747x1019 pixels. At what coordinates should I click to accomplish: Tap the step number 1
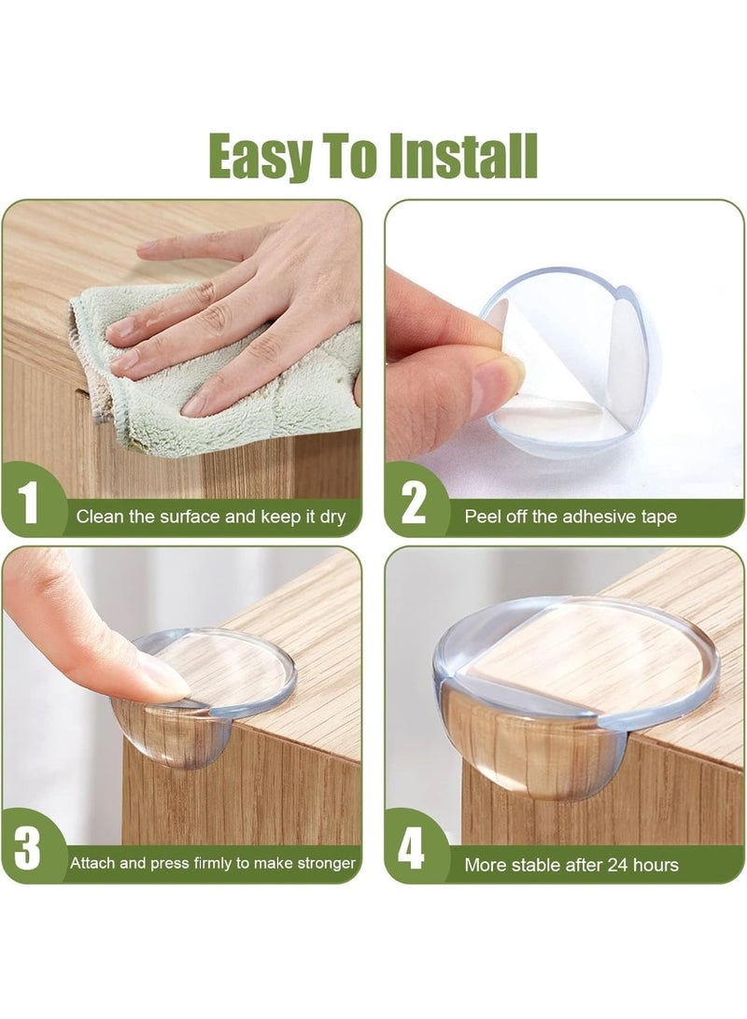(29, 505)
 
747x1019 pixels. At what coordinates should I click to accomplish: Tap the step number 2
(413, 505)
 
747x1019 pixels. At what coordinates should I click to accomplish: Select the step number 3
(29, 853)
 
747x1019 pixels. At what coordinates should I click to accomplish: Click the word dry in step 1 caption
(331, 517)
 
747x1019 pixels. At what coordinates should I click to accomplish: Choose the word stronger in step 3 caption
(326, 864)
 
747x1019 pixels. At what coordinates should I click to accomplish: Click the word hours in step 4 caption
(655, 865)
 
